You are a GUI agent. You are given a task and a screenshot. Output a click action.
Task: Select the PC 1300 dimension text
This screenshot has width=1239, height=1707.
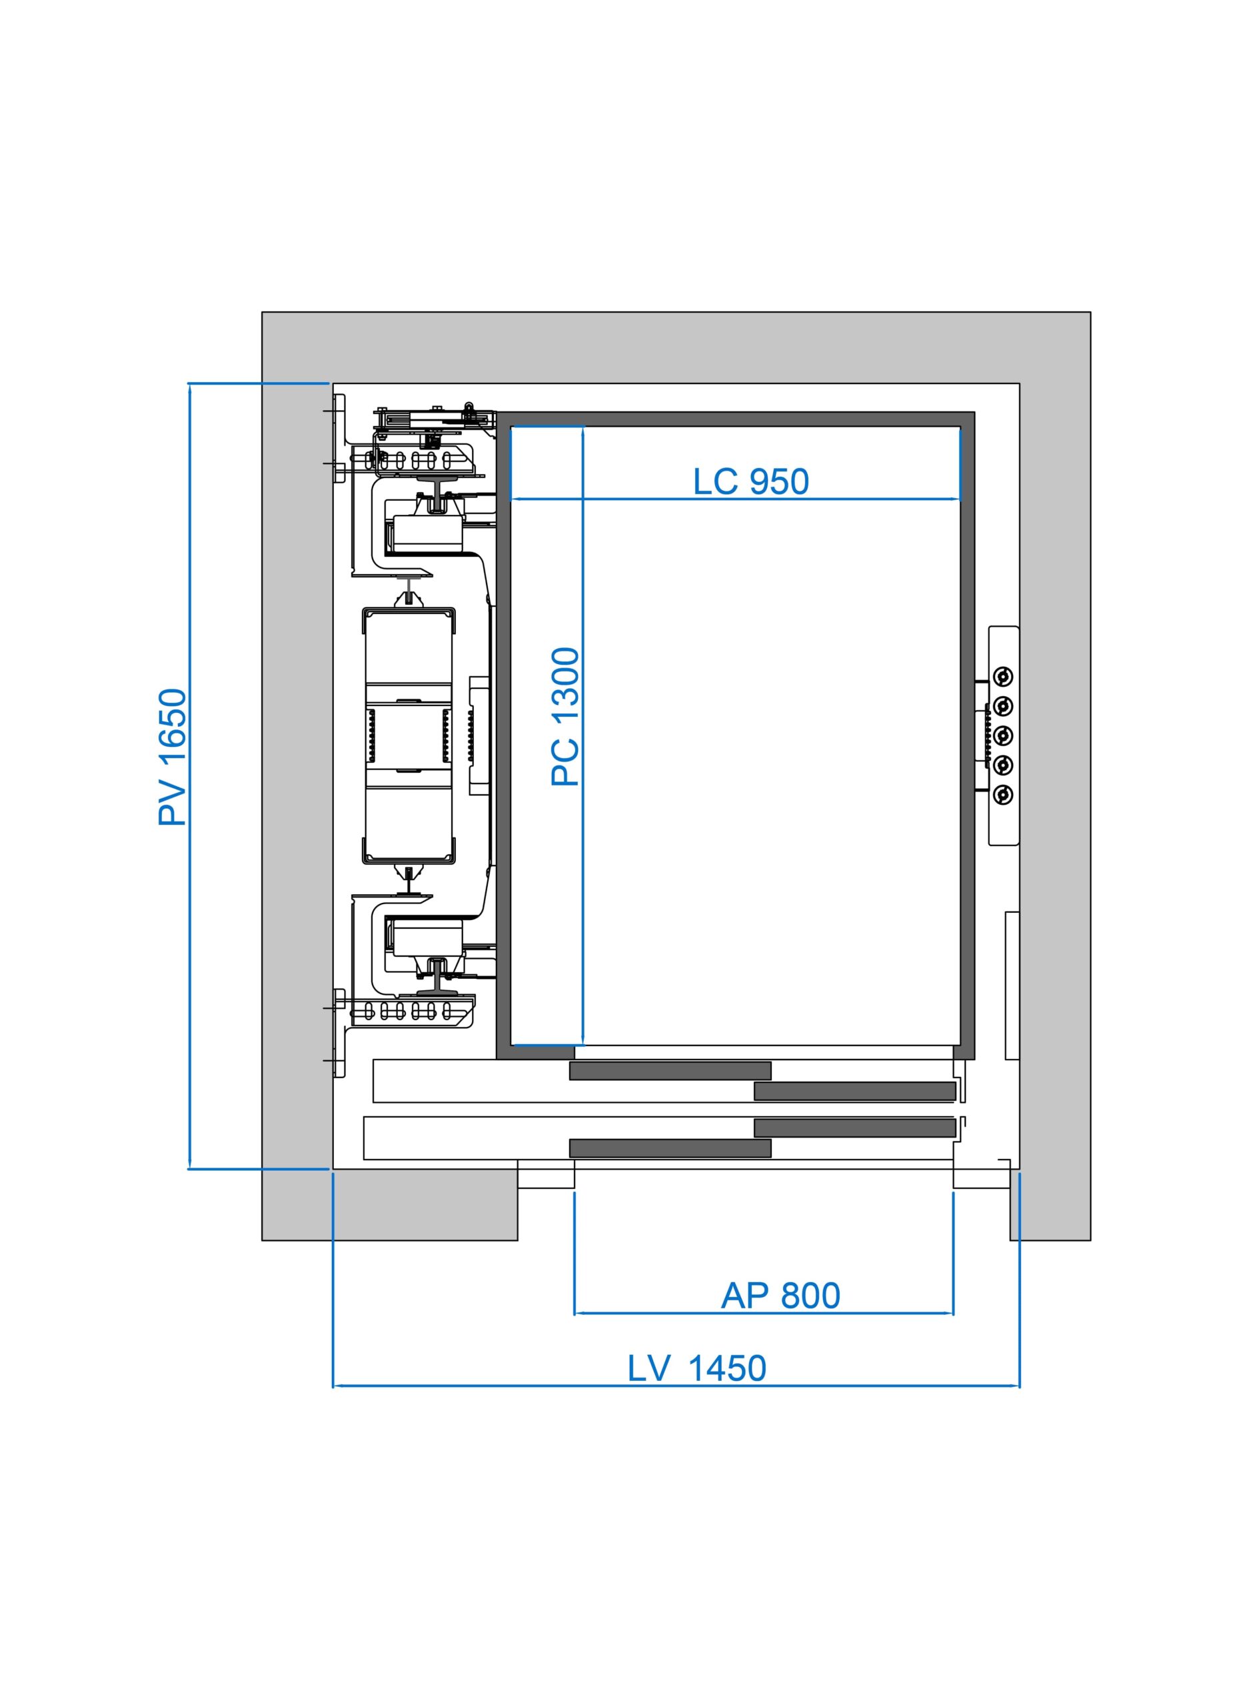point(566,717)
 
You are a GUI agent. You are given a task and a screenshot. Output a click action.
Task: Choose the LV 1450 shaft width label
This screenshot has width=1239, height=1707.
point(696,1368)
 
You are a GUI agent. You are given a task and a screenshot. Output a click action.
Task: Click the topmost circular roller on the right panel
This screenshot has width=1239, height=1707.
point(1003,677)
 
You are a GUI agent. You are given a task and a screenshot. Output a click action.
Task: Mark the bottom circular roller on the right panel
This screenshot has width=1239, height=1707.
point(1003,794)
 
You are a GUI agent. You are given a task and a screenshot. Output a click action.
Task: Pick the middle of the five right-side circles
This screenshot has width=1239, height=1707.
point(1003,735)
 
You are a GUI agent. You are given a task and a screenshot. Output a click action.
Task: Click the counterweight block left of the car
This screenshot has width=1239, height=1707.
point(409,734)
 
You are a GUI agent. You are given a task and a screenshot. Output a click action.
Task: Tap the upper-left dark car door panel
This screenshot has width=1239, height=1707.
point(670,1070)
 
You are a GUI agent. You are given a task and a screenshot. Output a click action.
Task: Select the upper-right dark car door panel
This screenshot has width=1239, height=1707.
point(854,1092)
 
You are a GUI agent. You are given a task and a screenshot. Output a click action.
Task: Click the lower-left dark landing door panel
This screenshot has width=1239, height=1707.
point(670,1148)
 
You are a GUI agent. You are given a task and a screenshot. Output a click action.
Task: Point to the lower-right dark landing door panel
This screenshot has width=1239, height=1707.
point(854,1128)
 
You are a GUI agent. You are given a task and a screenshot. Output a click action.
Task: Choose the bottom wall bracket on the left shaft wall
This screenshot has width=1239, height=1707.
point(339,1033)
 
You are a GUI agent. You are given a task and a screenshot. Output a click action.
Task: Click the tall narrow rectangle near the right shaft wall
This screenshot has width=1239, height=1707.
point(1012,986)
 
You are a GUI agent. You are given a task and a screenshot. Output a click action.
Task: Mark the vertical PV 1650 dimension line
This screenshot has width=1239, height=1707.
point(189,776)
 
